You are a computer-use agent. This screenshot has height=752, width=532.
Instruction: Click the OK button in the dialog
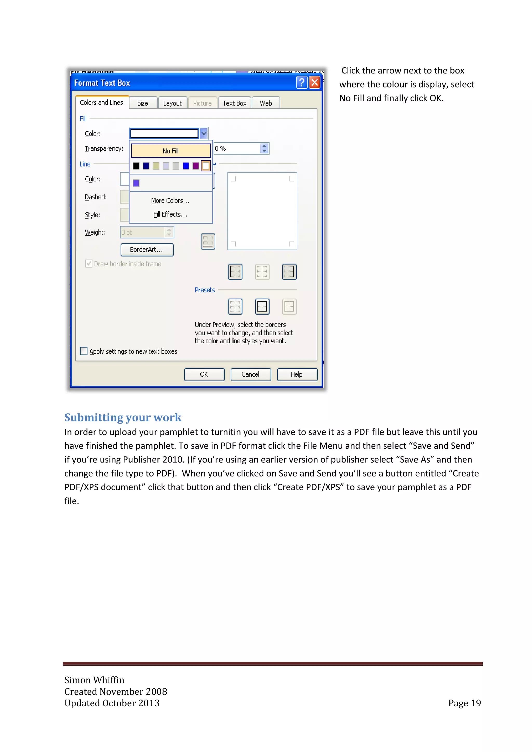(204, 374)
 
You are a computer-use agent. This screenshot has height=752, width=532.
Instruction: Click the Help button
(297, 374)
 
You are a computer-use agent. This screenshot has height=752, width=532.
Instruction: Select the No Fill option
(171, 151)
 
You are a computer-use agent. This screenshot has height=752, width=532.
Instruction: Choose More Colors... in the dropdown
(170, 200)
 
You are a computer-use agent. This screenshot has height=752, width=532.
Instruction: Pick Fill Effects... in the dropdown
(170, 214)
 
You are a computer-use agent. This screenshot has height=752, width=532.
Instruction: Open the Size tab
(143, 103)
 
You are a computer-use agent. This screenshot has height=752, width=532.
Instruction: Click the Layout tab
(172, 103)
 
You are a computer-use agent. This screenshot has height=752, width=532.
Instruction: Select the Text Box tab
(235, 103)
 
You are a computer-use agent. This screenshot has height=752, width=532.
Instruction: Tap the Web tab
(266, 103)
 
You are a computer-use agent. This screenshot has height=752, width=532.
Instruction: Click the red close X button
(315, 83)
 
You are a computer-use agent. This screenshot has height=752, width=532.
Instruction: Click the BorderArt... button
(147, 250)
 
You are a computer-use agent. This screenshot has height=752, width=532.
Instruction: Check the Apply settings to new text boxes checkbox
(84, 351)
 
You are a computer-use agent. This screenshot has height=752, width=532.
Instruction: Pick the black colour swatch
(136, 166)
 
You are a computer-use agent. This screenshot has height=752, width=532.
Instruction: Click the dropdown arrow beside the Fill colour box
(204, 133)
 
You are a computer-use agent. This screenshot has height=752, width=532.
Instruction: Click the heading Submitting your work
(123, 417)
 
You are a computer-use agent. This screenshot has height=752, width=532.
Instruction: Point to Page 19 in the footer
(464, 703)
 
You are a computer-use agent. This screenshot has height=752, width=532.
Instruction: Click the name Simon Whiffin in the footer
(94, 680)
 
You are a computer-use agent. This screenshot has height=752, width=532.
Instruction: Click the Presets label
(205, 290)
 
